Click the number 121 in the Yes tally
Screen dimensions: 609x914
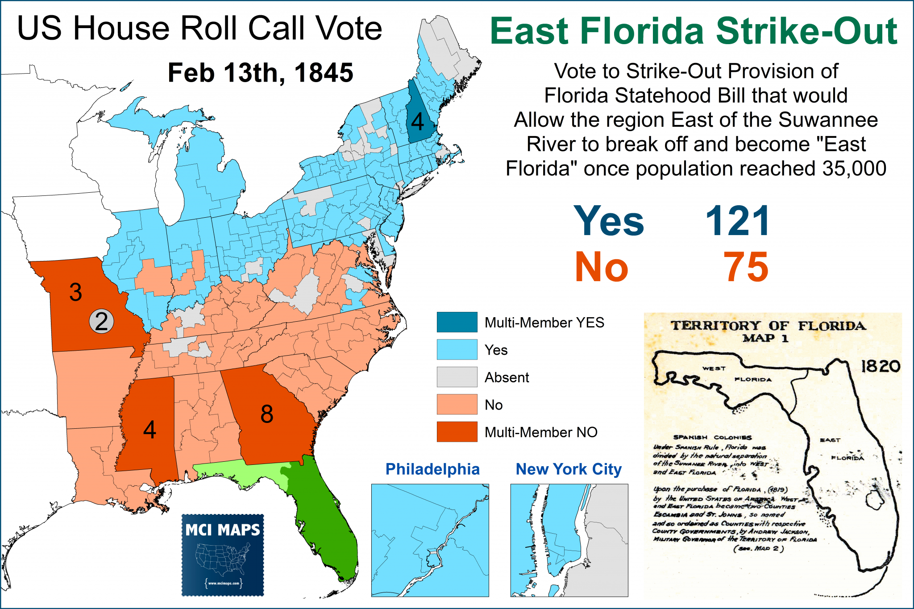pos(737,221)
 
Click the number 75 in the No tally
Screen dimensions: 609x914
pos(746,267)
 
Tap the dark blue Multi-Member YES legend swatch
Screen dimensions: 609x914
pos(457,322)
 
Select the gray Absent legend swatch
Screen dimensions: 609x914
pos(457,377)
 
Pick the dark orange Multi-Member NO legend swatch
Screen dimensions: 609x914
pos(457,432)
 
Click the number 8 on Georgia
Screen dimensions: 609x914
pos(267,414)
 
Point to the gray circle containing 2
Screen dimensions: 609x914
pos(102,322)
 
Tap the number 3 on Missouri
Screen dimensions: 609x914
pos(75,292)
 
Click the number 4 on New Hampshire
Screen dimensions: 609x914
pos(417,121)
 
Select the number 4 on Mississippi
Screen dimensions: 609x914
pos(150,430)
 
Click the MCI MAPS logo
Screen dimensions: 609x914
pos(223,555)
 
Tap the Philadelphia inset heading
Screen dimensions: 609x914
pos(432,469)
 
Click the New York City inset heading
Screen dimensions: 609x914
pos(569,469)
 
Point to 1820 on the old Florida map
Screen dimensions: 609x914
pos(880,366)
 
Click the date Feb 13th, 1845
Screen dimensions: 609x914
pos(260,73)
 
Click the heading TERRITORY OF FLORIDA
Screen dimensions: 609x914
pos(768,326)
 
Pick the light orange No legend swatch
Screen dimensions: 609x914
pos(457,404)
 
